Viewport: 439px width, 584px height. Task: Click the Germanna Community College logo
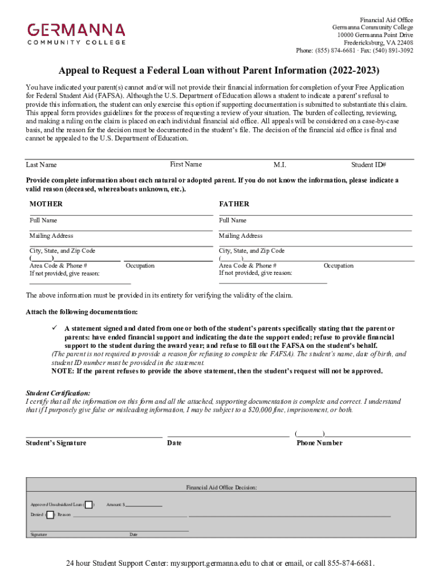76,33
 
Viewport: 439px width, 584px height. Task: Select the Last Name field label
42,165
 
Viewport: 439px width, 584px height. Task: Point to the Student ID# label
369,165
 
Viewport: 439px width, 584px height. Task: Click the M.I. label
279,165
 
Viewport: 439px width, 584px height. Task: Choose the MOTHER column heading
46,204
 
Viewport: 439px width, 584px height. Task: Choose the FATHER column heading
234,204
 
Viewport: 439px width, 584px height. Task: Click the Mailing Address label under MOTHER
51,236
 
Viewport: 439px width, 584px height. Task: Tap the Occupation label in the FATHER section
338,266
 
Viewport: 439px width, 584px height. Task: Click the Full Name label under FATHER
233,220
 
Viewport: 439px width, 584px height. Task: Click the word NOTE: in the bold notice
63,371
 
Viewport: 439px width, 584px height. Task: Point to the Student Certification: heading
58,394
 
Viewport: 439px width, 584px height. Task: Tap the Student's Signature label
56,443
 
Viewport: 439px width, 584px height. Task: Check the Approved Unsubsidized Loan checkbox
89,505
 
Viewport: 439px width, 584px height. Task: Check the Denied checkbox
50,515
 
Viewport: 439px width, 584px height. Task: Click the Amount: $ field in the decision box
143,505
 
